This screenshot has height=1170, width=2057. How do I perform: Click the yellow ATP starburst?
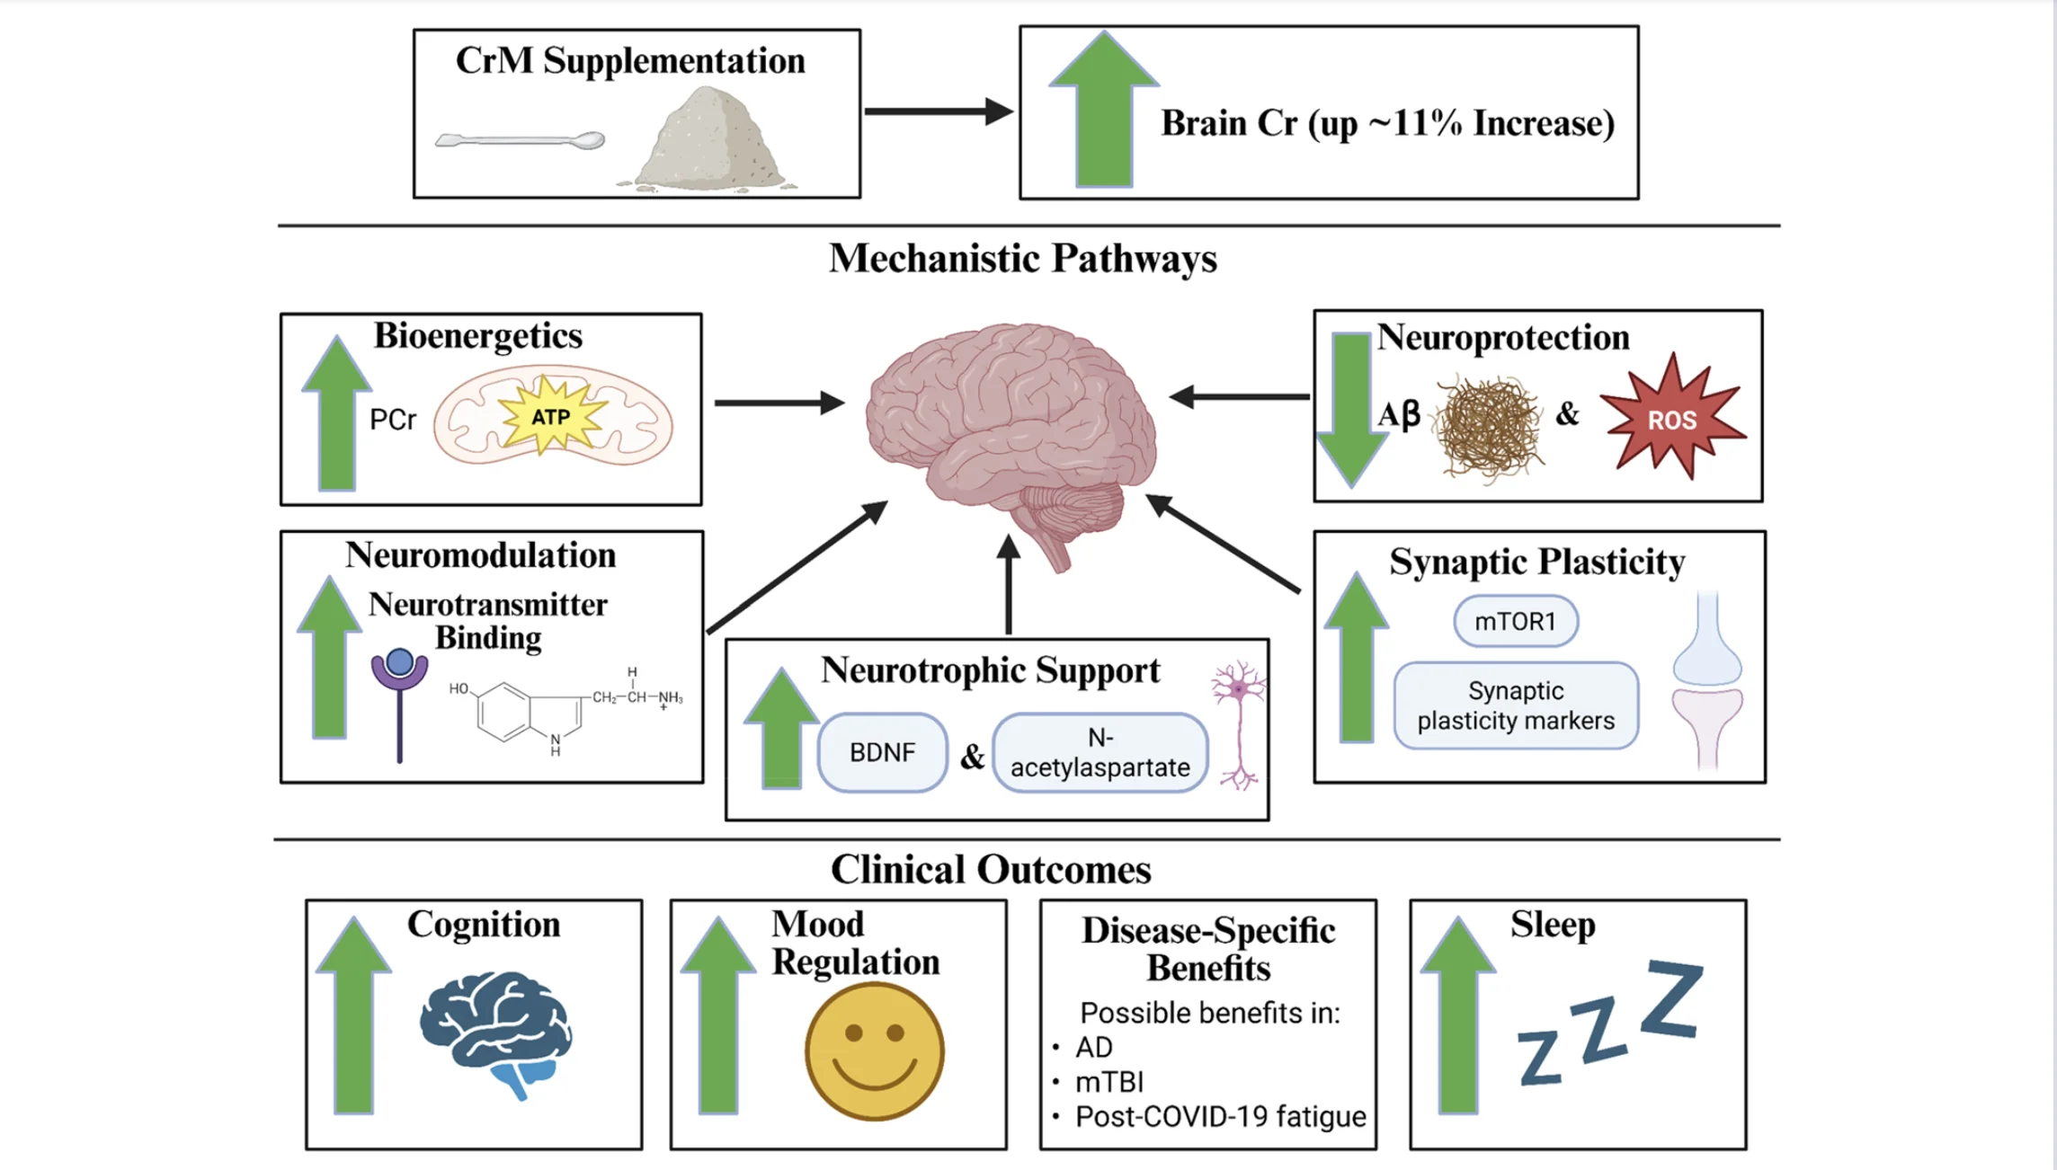tap(550, 416)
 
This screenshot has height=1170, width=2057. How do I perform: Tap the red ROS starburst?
tap(1671, 419)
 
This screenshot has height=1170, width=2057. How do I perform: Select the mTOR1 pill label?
tap(1515, 621)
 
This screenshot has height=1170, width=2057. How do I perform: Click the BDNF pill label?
tap(882, 752)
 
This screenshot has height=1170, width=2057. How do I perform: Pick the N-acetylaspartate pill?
tap(1100, 753)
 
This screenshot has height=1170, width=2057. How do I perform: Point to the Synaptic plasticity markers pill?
tap(1516, 705)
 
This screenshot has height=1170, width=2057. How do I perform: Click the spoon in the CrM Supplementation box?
tap(520, 140)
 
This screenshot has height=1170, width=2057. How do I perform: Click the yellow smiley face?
tap(874, 1050)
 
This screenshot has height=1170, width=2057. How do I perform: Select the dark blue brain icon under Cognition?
tap(495, 1032)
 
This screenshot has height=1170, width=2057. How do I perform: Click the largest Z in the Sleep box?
tap(1671, 998)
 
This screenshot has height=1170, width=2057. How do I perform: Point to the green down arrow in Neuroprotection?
tap(1350, 409)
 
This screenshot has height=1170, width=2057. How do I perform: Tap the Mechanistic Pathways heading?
tap(1022, 259)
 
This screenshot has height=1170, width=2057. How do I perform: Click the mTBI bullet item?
tap(1109, 1082)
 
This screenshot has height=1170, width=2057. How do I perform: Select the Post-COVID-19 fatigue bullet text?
tap(1220, 1117)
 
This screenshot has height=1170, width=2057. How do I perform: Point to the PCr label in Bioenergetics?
tap(393, 420)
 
